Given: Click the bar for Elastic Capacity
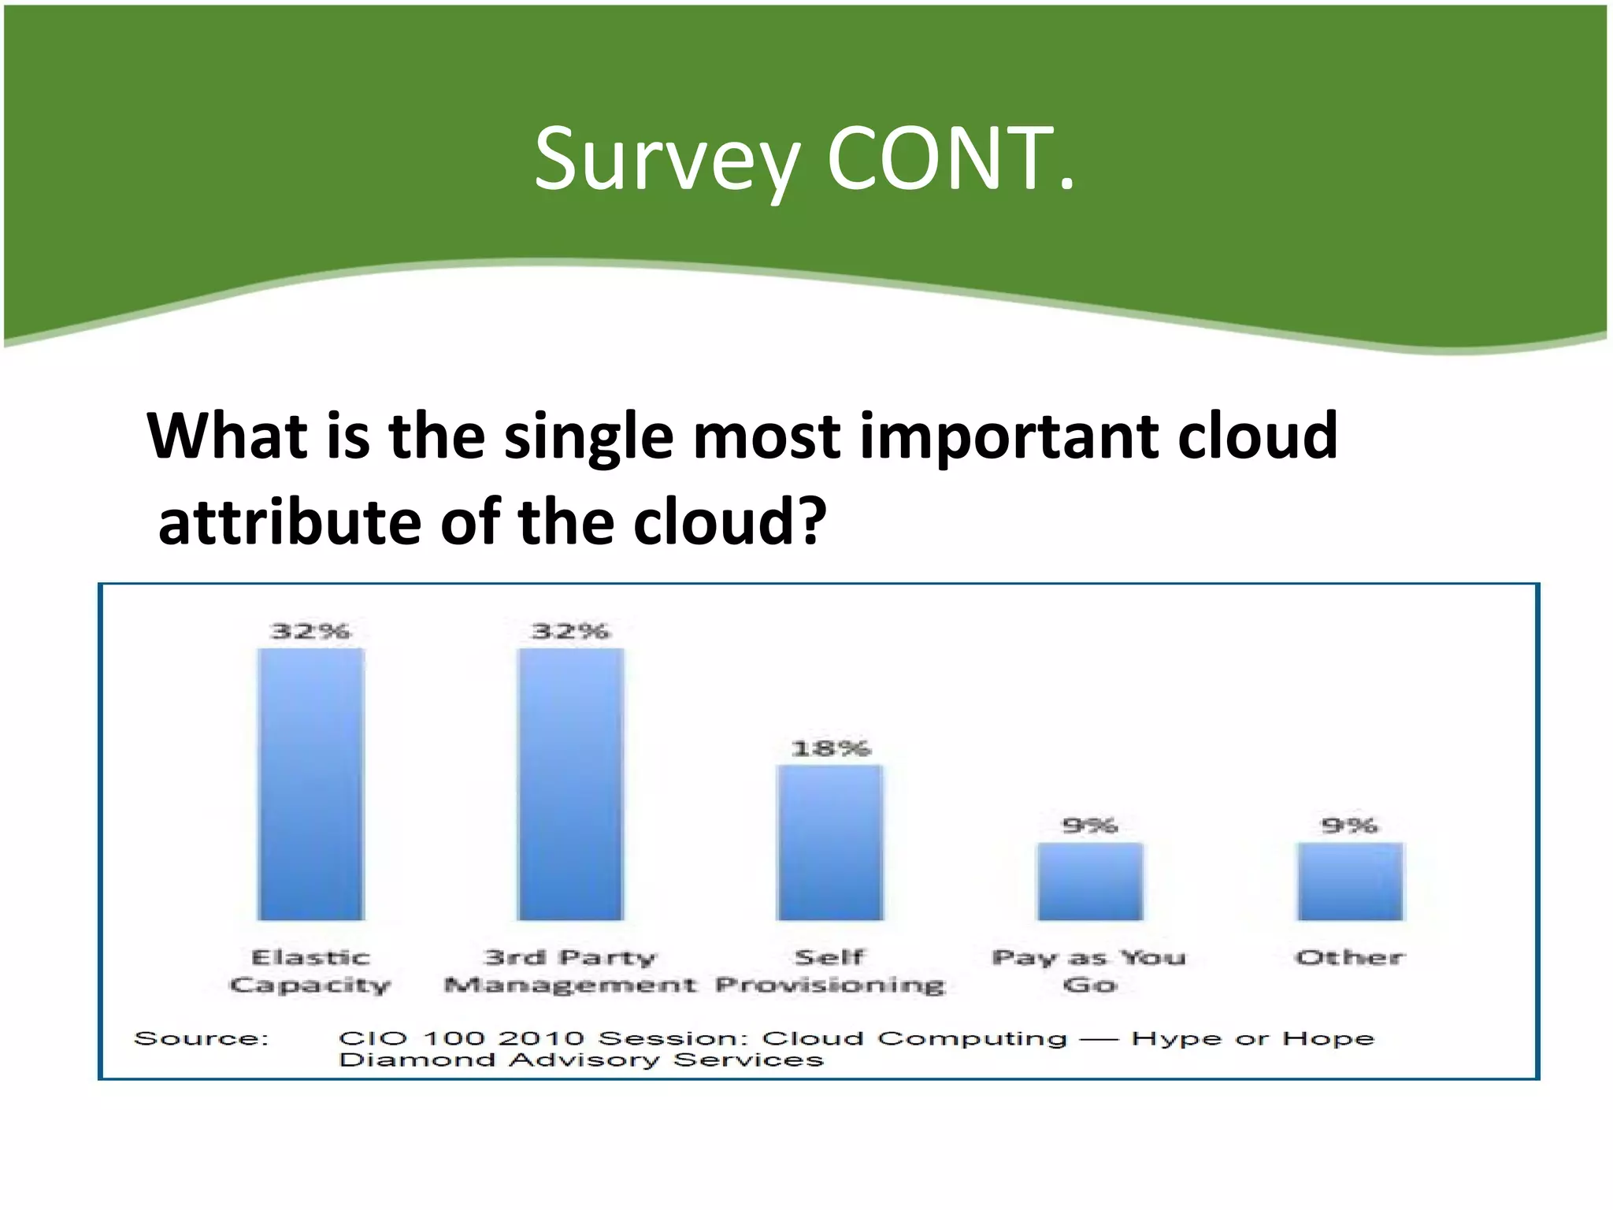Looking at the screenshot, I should pos(311,784).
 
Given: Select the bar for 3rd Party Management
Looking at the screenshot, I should pos(570,784).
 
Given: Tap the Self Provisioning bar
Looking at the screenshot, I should pos(830,842).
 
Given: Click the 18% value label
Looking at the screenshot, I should pos(830,748).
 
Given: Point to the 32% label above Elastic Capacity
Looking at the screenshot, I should pos(310,631).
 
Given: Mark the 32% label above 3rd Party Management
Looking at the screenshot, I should pos(570,631).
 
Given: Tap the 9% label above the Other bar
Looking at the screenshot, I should pos(1349,825).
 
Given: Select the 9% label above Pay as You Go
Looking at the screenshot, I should pos(1090,825).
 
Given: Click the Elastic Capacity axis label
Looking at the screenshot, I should pos(310,971).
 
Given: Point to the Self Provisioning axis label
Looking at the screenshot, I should pos(830,971).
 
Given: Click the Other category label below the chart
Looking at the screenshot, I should pos(1350,958).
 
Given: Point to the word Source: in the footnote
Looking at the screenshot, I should pos(202,1038).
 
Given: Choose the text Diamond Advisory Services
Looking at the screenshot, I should pos(580,1060).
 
